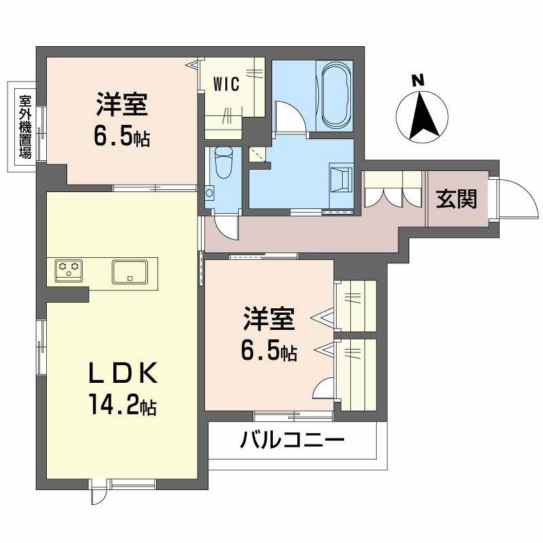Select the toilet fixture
pos(222,162)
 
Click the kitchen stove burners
pos(67,271)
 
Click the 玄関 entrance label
pos(456,199)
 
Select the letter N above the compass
pos(419,80)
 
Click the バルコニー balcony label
pos(292,441)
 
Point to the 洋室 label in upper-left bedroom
pos(122,106)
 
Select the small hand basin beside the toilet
pos(210,193)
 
